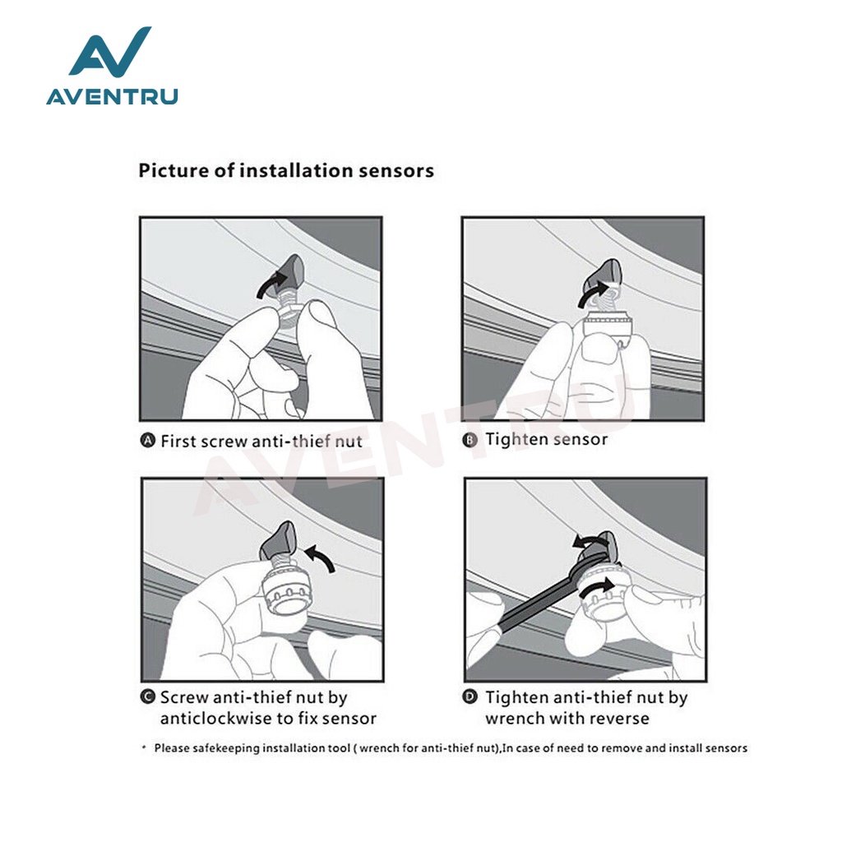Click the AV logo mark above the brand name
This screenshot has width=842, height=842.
[x=110, y=51]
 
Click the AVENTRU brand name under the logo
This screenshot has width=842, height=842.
[x=112, y=97]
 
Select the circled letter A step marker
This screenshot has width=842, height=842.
[x=147, y=441]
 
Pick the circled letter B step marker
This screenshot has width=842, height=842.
[x=470, y=441]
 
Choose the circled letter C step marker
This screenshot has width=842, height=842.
[x=148, y=697]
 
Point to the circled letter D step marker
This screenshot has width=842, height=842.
[x=470, y=697]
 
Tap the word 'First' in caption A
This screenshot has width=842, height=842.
[x=175, y=441]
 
